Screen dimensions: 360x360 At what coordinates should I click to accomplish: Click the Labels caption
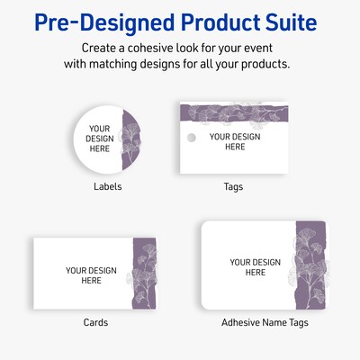click(x=108, y=187)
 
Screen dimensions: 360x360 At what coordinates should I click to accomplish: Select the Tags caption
click(x=233, y=187)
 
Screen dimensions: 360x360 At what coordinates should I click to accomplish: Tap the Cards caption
click(x=95, y=322)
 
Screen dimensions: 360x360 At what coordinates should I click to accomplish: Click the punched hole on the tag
click(x=190, y=138)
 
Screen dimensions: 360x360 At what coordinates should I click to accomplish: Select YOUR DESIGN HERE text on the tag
click(x=234, y=141)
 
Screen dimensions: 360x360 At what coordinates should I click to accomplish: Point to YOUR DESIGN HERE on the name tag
click(x=255, y=267)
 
